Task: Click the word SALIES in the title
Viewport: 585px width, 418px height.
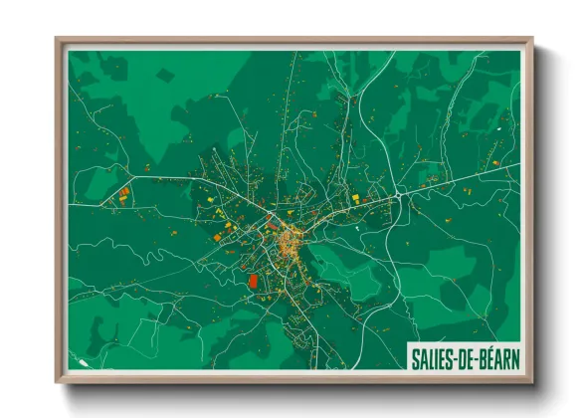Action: coord(431,355)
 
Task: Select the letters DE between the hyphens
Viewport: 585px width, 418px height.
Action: coord(466,355)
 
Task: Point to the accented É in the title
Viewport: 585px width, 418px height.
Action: coord(487,355)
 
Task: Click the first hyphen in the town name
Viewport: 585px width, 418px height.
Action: coord(456,355)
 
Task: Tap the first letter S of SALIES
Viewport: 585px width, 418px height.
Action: coord(414,355)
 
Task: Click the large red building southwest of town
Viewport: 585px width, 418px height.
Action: coord(252,282)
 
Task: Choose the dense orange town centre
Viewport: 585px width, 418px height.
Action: coord(291,239)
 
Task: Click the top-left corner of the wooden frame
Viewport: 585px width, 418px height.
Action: coord(58,40)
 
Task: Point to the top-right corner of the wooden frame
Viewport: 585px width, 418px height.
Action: coord(532,40)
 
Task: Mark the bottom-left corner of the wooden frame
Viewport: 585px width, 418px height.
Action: coord(58,381)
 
